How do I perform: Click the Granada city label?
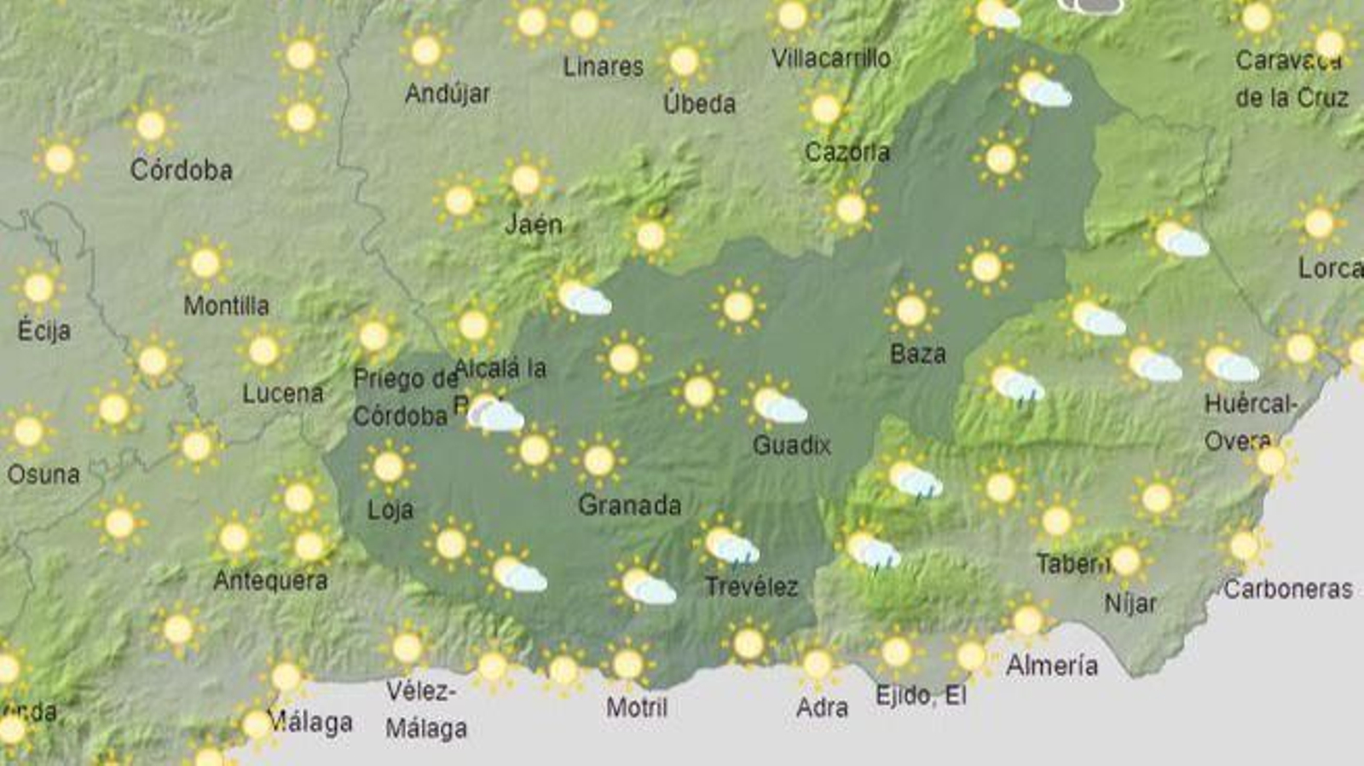(x=629, y=505)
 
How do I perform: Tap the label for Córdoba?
(x=181, y=170)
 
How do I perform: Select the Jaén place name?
(x=534, y=224)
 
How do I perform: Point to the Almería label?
(x=1051, y=665)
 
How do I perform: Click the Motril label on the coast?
(x=636, y=707)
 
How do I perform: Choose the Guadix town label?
(x=791, y=445)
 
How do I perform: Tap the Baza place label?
(x=917, y=354)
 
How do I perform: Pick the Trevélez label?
(x=751, y=587)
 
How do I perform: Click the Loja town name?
(x=390, y=510)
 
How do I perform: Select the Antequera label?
(x=270, y=581)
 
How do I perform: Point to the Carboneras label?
(x=1287, y=589)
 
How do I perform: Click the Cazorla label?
(x=847, y=153)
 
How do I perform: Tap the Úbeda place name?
(x=699, y=104)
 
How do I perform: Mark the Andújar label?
(x=448, y=93)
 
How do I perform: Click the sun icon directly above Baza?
(x=910, y=310)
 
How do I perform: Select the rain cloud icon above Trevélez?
(x=731, y=546)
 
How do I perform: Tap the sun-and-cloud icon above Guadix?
(x=777, y=406)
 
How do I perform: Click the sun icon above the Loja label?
(x=388, y=467)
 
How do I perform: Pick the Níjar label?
(x=1130, y=604)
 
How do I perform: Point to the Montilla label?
(x=226, y=306)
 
